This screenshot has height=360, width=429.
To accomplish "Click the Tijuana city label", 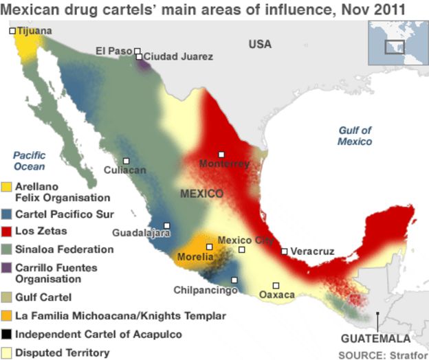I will click(34, 31).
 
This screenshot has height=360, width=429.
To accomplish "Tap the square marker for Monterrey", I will click(221, 155).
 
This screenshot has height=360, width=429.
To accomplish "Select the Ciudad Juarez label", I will click(178, 56).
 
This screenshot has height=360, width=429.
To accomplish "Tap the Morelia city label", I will click(190, 257).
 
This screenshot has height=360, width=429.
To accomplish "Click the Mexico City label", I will click(245, 240).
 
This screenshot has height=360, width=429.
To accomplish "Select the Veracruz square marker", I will click(284, 251).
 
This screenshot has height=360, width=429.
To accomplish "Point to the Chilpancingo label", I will click(205, 290).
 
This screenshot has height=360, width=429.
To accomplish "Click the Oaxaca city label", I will click(277, 295).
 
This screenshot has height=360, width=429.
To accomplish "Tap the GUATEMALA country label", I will click(375, 339).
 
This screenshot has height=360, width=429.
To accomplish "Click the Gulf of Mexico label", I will click(355, 135).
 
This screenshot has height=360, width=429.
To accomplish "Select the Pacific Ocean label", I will click(30, 161).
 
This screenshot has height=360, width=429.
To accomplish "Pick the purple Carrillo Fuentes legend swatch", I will click(7, 268).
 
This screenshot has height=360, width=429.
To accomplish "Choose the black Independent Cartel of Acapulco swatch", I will click(7, 335).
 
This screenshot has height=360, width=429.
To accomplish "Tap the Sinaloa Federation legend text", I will click(64, 249).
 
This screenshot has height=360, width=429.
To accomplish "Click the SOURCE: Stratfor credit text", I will click(382, 354).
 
